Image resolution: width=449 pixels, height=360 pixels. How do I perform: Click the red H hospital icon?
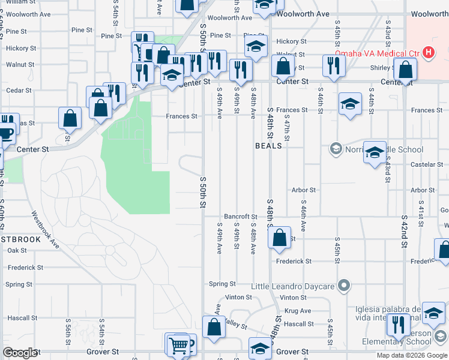pos(428,53)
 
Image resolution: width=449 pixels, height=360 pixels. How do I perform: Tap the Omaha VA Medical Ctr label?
pos(376,53)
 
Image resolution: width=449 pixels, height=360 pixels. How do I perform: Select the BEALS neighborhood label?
pos(268,146)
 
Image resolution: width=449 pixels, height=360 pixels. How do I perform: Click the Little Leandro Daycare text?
pos(292,286)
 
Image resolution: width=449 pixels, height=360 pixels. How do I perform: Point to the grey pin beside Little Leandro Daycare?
pos(343,286)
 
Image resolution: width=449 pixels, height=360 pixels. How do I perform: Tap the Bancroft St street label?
pos(240,216)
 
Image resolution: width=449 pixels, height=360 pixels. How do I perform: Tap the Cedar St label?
pos(19,91)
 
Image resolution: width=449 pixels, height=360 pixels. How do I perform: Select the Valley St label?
pos(235,325)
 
